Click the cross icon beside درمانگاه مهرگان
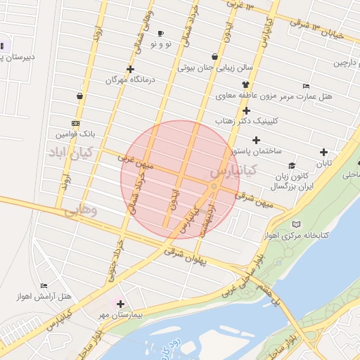click(130, 69)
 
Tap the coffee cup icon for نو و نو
click(160, 34)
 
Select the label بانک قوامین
click(78, 132)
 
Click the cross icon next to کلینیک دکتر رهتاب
click(246, 110)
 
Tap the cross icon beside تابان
click(323, 152)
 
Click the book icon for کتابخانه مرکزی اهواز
click(296, 224)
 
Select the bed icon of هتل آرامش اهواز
click(44, 286)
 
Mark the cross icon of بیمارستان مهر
click(121, 304)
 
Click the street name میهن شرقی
click(255, 200)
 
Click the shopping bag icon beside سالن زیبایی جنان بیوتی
click(214, 57)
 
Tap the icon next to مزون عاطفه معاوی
click(245, 84)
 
